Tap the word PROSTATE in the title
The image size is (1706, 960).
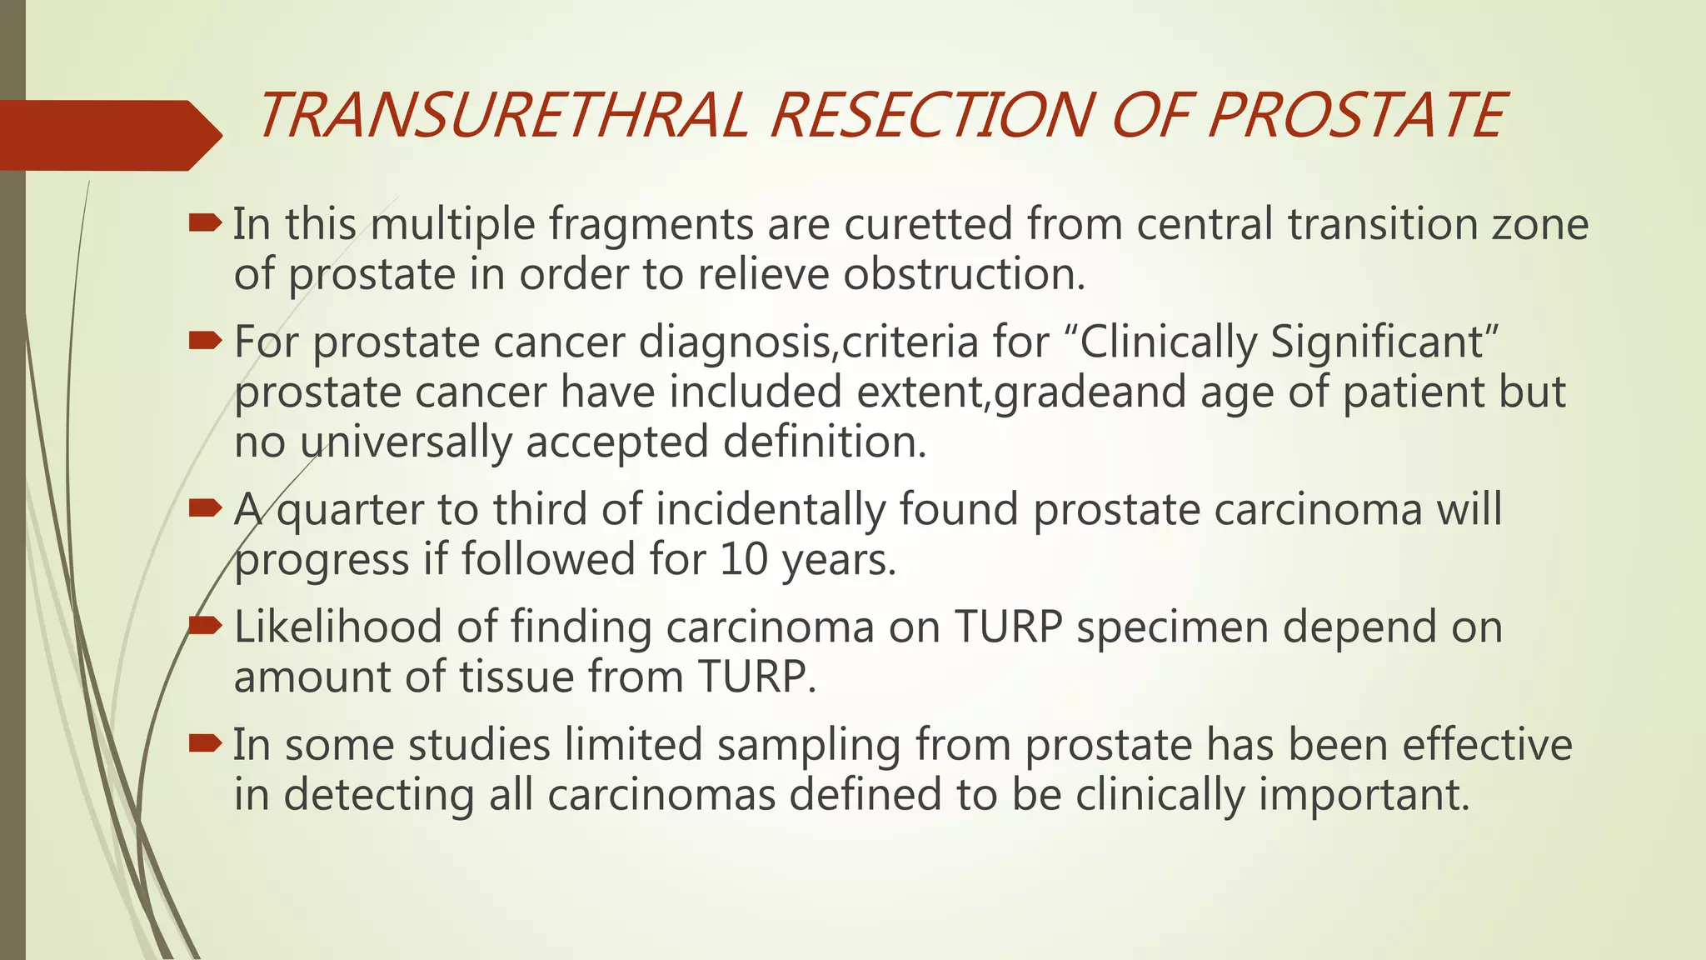point(1356,115)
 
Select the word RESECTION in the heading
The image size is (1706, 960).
point(931,115)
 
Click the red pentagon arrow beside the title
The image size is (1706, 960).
point(108,135)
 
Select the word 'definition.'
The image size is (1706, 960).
point(825,442)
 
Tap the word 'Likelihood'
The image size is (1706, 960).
point(337,627)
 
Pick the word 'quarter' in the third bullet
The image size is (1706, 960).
point(350,510)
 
